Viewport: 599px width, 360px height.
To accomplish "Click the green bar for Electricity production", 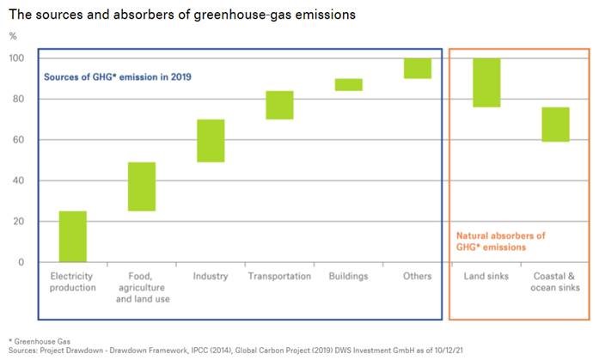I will coord(72,236).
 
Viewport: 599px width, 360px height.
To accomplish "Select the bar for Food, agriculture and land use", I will coord(142,186).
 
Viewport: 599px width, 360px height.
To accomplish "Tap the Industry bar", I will coord(211,141).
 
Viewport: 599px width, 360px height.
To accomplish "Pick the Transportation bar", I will coord(279,105).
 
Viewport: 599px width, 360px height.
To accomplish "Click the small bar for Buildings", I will coord(348,84).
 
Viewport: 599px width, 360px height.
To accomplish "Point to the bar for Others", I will coord(418,69).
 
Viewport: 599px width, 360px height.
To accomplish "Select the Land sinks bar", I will coord(486,82).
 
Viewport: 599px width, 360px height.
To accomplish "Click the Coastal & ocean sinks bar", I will coord(555,125).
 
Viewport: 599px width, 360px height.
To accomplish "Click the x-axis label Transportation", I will coord(279,277).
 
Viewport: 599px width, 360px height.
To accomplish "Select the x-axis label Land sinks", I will coord(486,277).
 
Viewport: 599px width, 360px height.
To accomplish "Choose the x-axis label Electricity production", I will coord(72,282).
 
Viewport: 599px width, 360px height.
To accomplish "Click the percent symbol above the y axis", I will coord(12,35).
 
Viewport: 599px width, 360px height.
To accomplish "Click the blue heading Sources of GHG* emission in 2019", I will coord(117,76).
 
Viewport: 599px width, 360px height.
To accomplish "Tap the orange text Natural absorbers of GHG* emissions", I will coord(501,241).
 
